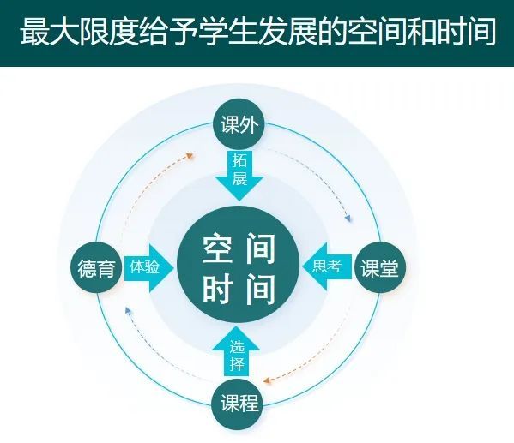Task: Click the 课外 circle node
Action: point(239,125)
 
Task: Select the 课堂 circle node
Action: point(379,268)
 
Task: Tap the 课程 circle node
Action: point(239,403)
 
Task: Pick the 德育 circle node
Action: point(97,268)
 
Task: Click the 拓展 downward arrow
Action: point(239,176)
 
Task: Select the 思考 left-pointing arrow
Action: point(327,266)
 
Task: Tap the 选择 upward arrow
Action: point(236,351)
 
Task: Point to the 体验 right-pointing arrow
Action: point(149,267)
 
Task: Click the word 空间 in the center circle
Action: point(239,248)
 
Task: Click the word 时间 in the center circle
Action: point(239,289)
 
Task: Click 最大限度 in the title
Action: point(78,32)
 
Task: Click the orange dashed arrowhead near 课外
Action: point(190,156)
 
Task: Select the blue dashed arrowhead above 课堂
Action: point(348,218)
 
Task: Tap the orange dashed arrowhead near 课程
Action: point(267,380)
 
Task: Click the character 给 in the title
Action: point(154,32)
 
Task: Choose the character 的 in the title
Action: point(332,32)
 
